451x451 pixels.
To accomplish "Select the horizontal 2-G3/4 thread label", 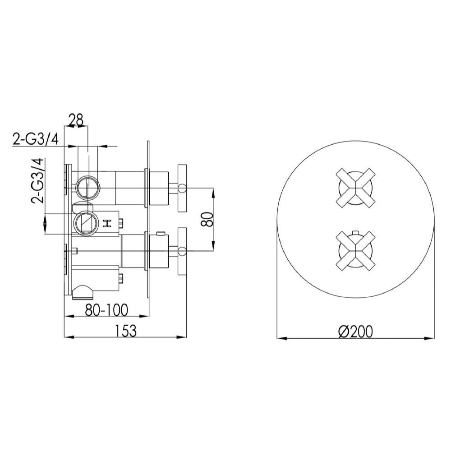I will click(36, 139).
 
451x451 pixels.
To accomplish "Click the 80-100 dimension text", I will click(106, 310).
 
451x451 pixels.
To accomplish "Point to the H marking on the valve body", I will click(107, 223).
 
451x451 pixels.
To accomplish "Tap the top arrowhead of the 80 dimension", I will click(213, 191).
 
